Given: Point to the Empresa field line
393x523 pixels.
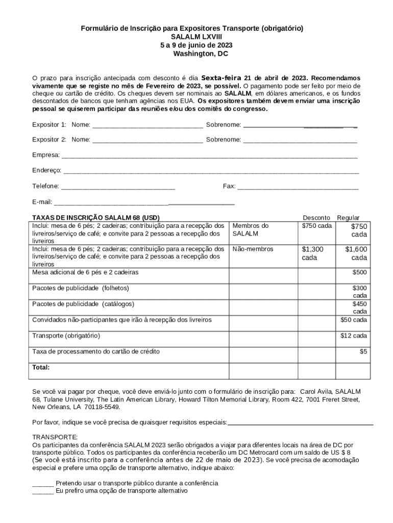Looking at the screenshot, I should (x=209, y=156).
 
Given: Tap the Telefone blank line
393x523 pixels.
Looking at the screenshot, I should (x=118, y=187).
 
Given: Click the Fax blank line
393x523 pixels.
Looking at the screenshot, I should (x=298, y=187).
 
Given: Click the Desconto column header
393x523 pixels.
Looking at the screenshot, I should (x=316, y=218).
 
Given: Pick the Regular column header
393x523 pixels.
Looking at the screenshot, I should (x=348, y=218).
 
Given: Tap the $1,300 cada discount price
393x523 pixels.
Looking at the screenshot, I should (x=313, y=253).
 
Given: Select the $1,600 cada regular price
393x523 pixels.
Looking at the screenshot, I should (x=356, y=253).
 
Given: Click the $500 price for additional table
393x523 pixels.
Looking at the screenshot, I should (x=359, y=273).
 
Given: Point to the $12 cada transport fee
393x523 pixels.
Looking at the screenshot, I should (x=354, y=336).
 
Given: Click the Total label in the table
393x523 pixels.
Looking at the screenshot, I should (x=41, y=367).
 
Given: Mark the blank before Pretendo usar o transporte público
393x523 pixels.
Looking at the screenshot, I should (x=43, y=483).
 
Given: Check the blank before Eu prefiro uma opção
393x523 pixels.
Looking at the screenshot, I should (x=43, y=491).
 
